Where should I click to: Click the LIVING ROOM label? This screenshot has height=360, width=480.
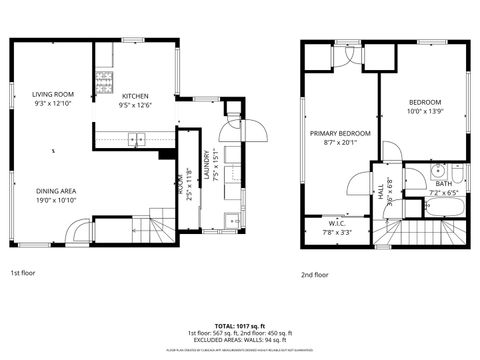53,94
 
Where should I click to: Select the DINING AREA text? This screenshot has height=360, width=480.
57,190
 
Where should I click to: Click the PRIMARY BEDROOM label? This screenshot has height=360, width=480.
340,133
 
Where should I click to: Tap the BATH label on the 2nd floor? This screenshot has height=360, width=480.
443,183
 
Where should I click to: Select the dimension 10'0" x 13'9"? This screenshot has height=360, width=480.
423,112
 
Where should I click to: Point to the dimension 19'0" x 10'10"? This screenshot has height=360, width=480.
57,200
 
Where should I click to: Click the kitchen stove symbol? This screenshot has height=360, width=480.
103,81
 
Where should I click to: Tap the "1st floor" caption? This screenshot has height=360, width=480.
25,272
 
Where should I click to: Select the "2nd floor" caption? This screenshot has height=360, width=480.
315,274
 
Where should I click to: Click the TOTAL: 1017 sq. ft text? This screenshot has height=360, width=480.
240,326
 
